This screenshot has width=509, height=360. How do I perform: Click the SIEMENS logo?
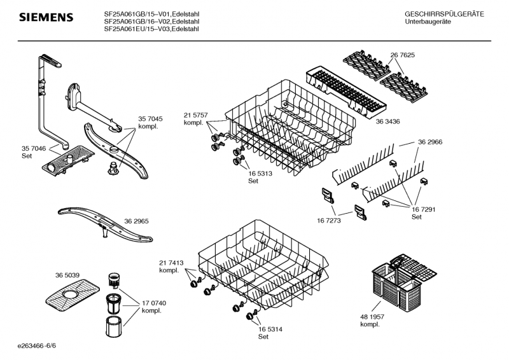point(45,17)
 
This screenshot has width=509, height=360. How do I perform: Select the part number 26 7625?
point(403,55)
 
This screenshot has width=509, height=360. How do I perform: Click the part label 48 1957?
point(372,316)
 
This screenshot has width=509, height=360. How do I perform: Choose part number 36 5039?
point(67,275)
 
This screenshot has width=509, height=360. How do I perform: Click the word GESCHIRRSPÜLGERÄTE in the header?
point(444,13)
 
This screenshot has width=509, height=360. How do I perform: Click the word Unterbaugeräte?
point(428,22)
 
